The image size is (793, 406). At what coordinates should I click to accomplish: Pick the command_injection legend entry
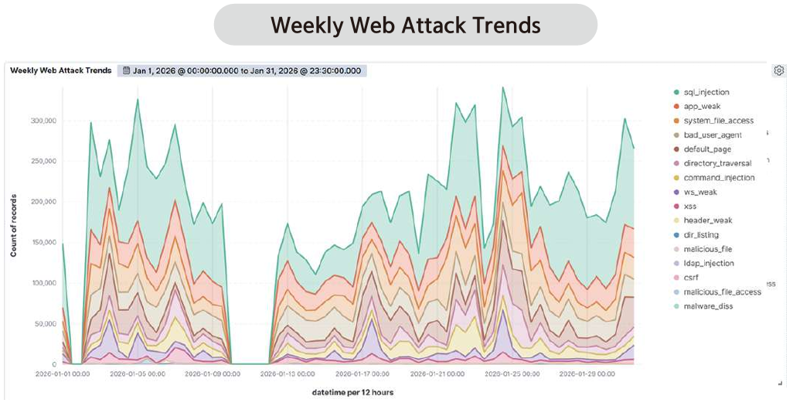click(x=713, y=178)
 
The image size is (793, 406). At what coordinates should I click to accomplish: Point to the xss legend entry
click(x=691, y=206)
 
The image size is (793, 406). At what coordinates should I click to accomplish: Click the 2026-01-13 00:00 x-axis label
click(x=286, y=374)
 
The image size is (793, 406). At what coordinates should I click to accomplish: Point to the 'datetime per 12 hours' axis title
click(x=352, y=392)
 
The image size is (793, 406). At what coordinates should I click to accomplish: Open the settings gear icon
click(x=778, y=70)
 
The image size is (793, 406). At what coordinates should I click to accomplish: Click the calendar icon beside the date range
click(x=126, y=70)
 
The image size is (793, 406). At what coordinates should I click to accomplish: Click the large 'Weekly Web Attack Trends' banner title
click(x=405, y=25)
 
